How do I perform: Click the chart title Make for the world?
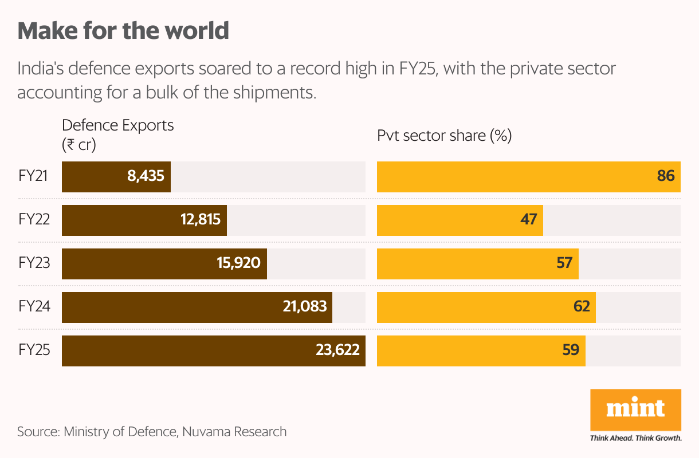pyautogui.click(x=123, y=30)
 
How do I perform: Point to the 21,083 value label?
pyautogui.click(x=304, y=307)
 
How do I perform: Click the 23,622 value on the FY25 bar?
pyautogui.click(x=337, y=350)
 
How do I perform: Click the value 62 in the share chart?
pyautogui.click(x=582, y=307)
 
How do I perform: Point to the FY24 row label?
pyautogui.click(x=34, y=307)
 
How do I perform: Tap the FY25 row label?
pyautogui.click(x=34, y=350)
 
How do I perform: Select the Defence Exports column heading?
pyautogui.click(x=117, y=125)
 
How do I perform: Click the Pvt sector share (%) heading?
pyautogui.click(x=444, y=136)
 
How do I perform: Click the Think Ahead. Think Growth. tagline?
pyautogui.click(x=635, y=438)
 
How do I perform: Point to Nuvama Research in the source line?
pyautogui.click(x=234, y=431)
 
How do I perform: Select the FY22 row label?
pyautogui.click(x=34, y=220)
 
